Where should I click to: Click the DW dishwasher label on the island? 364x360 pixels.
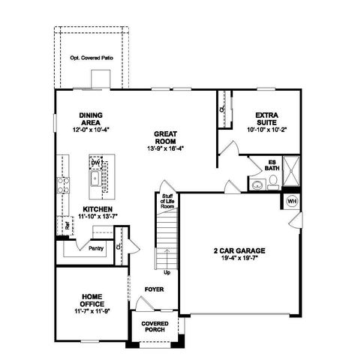click(x=96, y=163)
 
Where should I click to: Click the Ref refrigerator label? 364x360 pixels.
click(x=67, y=223)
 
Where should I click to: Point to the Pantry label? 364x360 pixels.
click(x=95, y=247)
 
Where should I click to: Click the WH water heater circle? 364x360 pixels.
click(x=292, y=201)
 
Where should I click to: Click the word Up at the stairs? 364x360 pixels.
click(x=167, y=271)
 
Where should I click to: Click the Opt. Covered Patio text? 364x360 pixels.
click(x=92, y=58)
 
